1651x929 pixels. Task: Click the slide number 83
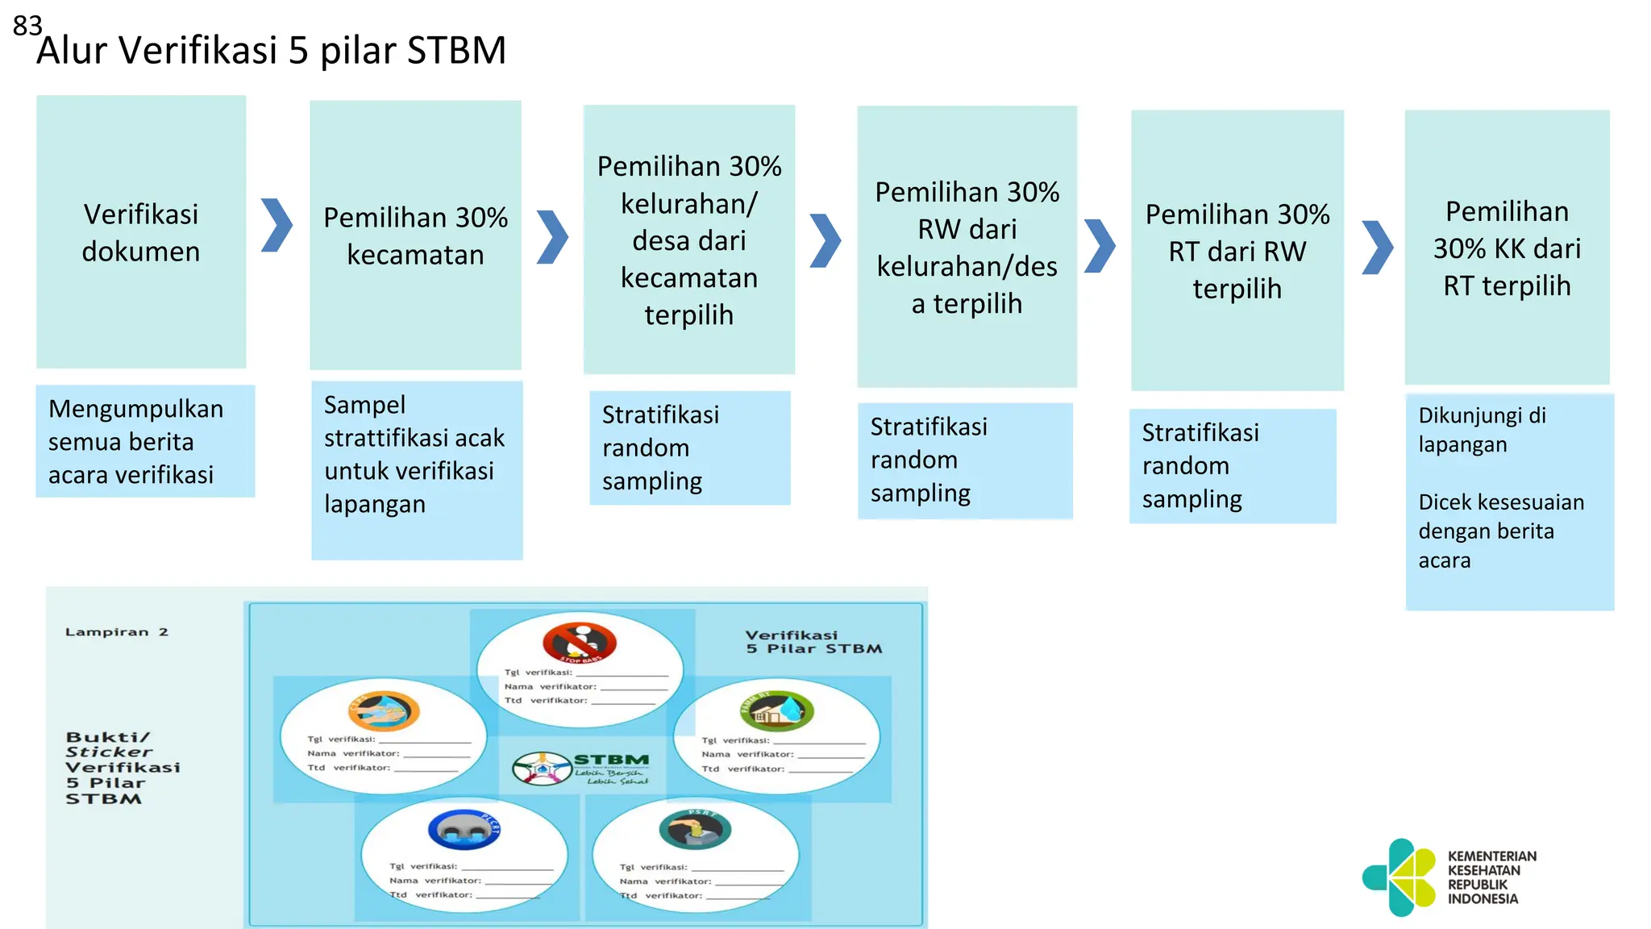tap(27, 26)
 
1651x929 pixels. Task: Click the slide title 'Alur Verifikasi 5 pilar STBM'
tap(271, 51)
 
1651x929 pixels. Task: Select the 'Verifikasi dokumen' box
tap(141, 232)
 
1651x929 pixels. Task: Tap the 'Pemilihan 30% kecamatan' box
tap(415, 235)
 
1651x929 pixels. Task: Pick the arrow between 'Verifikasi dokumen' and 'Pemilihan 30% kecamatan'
tap(277, 225)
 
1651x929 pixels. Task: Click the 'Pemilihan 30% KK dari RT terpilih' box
tap(1507, 248)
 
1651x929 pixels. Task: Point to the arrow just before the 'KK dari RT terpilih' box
tap(1377, 248)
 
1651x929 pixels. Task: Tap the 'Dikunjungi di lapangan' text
tap(1482, 430)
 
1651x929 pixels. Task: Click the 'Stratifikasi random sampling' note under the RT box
tap(1232, 466)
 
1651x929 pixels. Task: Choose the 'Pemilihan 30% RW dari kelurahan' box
tap(967, 247)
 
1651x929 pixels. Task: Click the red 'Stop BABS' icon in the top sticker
tap(580, 643)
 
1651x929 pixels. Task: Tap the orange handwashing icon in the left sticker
tap(384, 710)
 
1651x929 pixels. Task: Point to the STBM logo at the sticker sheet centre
tap(580, 768)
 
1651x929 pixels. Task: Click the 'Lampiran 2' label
tap(117, 632)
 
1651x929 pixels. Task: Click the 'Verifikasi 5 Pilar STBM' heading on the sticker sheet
tap(813, 642)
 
